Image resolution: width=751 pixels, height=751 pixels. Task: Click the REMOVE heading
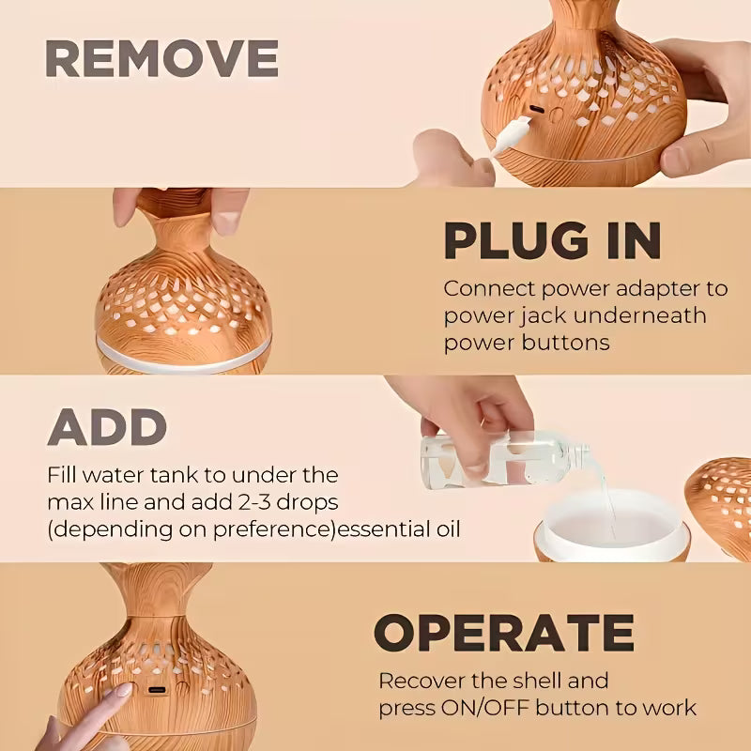point(161,59)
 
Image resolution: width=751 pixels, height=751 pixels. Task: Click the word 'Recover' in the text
point(427,680)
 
